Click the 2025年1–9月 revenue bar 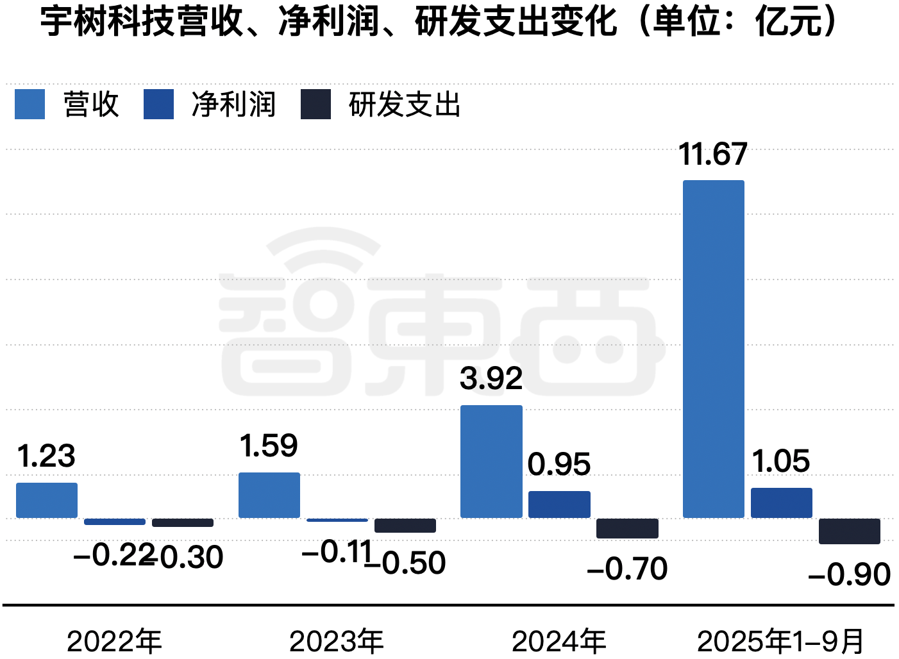coord(713,349)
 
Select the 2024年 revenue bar coord(491,462)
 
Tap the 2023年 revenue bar coord(269,495)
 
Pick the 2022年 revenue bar coord(47,500)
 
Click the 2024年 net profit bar coord(559,505)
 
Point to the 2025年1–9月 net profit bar coord(781,503)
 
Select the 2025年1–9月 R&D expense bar coord(849,531)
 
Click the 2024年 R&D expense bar coord(627,528)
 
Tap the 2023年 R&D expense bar coord(405,525)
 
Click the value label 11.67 coord(713,154)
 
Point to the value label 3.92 coord(491,379)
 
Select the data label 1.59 coord(269,446)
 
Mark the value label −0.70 coord(627,569)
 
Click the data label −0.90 coord(849,574)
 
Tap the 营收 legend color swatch coord(30,104)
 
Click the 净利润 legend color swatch coord(158,104)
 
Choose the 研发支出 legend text coord(405,104)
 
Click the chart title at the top coord(439,21)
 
